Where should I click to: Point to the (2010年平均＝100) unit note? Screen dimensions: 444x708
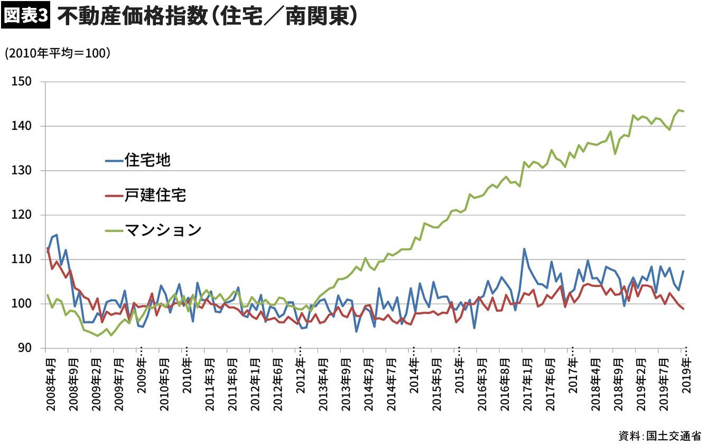(x=57, y=53)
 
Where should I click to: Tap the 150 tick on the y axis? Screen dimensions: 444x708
(x=23, y=82)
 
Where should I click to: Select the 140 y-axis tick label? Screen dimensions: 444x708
(x=23, y=126)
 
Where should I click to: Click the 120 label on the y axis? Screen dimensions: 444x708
(x=23, y=215)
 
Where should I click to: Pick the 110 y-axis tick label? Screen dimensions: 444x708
(x=23, y=260)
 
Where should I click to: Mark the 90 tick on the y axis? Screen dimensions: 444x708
(x=25, y=348)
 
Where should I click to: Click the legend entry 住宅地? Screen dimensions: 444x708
(x=147, y=160)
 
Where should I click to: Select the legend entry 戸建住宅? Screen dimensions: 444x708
(x=155, y=196)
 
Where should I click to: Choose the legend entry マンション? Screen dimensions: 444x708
(x=163, y=230)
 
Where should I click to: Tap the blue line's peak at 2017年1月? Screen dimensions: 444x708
(x=524, y=249)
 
